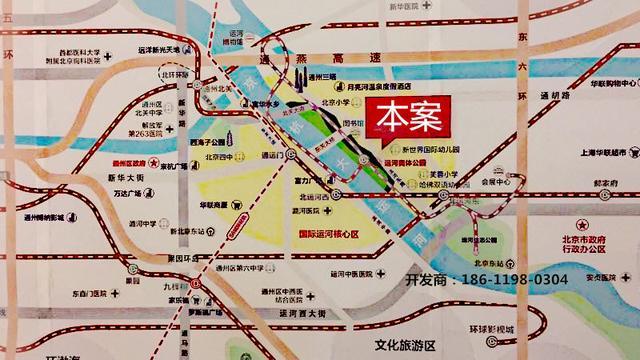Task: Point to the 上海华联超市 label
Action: tap(598, 153)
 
